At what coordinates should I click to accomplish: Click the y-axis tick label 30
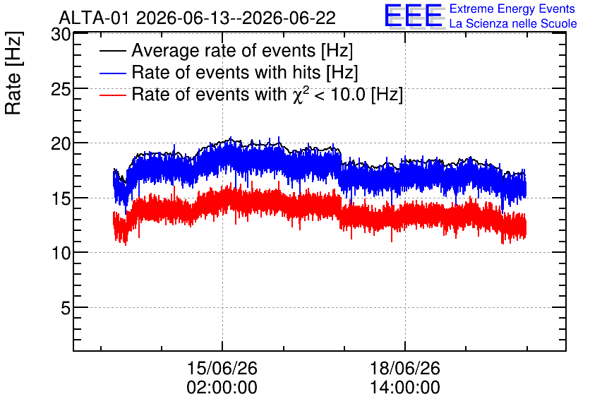click(61, 35)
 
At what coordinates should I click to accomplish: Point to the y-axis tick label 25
click(61, 90)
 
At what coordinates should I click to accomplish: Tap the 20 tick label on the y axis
click(61, 143)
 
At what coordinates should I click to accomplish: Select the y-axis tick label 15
click(61, 198)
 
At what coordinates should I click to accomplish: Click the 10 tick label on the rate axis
click(61, 254)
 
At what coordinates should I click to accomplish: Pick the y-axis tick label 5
click(66, 309)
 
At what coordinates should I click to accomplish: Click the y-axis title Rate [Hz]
click(13, 73)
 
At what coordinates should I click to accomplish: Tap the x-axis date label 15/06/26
click(222, 368)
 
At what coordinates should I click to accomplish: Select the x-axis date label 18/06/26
click(405, 368)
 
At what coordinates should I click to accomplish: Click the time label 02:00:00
click(222, 388)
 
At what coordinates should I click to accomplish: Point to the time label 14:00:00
click(405, 388)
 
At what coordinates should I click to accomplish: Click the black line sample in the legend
click(112, 51)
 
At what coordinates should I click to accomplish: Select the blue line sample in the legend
click(112, 73)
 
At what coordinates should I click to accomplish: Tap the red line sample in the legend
click(112, 95)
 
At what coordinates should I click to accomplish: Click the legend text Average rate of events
click(224, 50)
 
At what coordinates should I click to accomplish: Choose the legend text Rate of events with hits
click(226, 72)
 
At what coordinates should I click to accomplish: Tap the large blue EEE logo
click(414, 16)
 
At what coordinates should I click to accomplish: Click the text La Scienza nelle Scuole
click(513, 23)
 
